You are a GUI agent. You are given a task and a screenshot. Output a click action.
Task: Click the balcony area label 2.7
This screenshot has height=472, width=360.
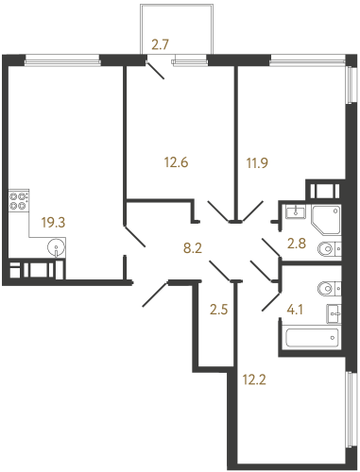(x=161, y=43)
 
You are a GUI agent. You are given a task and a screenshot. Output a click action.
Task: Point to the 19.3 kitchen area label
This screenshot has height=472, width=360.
(x=53, y=225)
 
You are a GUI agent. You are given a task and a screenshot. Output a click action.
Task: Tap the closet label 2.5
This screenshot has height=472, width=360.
(x=218, y=307)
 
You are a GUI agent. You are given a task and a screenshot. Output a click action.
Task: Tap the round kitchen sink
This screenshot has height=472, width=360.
(x=59, y=249)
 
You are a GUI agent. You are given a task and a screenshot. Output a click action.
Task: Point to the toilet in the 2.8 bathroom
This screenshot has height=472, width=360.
(x=328, y=249)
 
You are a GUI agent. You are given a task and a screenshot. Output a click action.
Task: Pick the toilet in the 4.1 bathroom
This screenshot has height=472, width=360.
(x=327, y=287)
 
